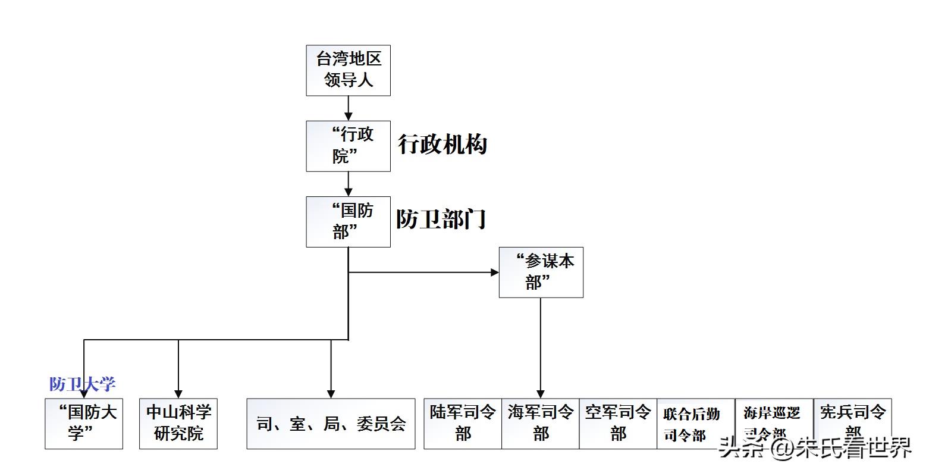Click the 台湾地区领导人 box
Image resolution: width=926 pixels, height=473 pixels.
[x=348, y=70]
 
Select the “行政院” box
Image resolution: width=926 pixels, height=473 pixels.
[x=348, y=146]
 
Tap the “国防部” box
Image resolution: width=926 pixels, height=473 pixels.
[x=348, y=221]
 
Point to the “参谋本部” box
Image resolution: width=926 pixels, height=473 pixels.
[x=541, y=272]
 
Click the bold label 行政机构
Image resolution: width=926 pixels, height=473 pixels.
[x=442, y=145]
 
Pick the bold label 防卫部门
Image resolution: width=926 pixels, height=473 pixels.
[x=441, y=220]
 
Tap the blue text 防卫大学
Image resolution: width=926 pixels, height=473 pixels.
[x=83, y=384]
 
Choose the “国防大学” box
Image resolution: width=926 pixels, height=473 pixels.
[x=84, y=424]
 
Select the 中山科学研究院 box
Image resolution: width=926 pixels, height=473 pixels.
[x=178, y=424]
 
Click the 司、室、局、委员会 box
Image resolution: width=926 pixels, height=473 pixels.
[x=331, y=424]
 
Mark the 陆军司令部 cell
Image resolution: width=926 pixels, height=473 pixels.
[x=463, y=424]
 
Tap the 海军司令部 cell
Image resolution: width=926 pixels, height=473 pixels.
[x=541, y=424]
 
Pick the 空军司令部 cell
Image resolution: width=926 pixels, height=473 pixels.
[x=618, y=424]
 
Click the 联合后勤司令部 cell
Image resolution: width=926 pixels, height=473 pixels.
[x=696, y=424]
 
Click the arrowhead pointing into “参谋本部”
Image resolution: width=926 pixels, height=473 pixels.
[x=494, y=272]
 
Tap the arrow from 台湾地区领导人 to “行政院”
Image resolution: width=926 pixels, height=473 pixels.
[x=349, y=108]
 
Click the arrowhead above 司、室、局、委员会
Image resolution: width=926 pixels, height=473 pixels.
[x=331, y=393]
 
